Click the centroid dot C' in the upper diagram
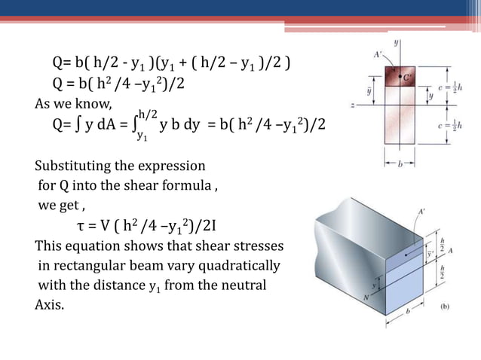pos(401,76)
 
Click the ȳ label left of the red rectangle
pos(367,90)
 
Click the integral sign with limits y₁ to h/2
pos(133,124)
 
